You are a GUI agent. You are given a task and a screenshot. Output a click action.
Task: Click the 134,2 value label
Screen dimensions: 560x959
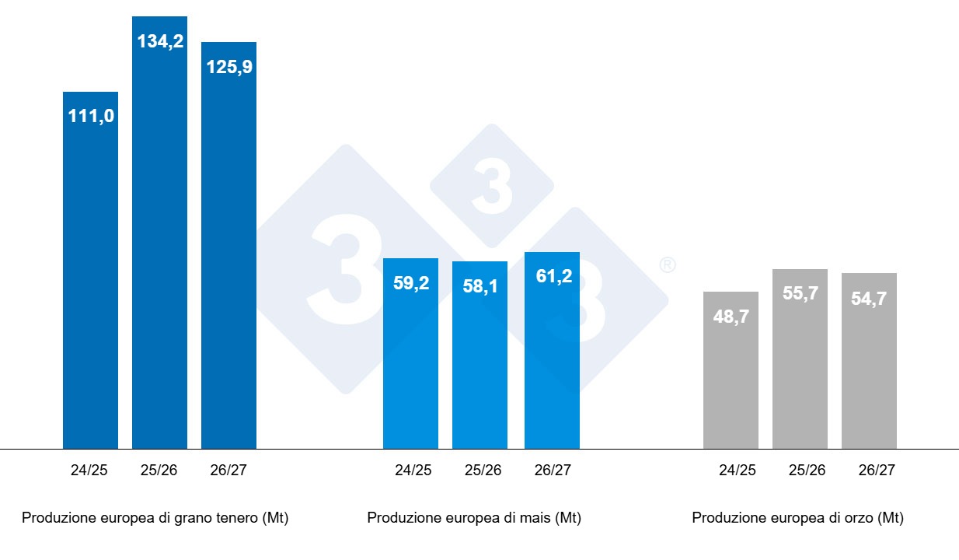coord(160,41)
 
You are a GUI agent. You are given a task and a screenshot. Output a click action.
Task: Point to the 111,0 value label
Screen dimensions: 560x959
coord(90,116)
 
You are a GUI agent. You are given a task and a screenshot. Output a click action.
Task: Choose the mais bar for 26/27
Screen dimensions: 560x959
coord(552,366)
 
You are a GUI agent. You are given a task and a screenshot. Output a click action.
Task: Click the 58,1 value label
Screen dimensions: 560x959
coord(479,286)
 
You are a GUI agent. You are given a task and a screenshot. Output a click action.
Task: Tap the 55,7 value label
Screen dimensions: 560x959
coord(800,294)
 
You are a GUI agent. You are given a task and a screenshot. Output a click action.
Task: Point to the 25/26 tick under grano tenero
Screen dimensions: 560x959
coord(159,470)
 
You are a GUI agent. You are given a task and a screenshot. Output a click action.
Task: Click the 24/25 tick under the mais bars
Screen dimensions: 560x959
coord(413,470)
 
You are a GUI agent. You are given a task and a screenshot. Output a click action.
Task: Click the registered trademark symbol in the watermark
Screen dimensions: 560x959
coord(667,265)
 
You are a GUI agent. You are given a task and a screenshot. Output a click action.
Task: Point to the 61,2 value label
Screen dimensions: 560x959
coord(554,276)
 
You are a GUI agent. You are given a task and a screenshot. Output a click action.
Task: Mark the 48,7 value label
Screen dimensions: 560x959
coord(731,317)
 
